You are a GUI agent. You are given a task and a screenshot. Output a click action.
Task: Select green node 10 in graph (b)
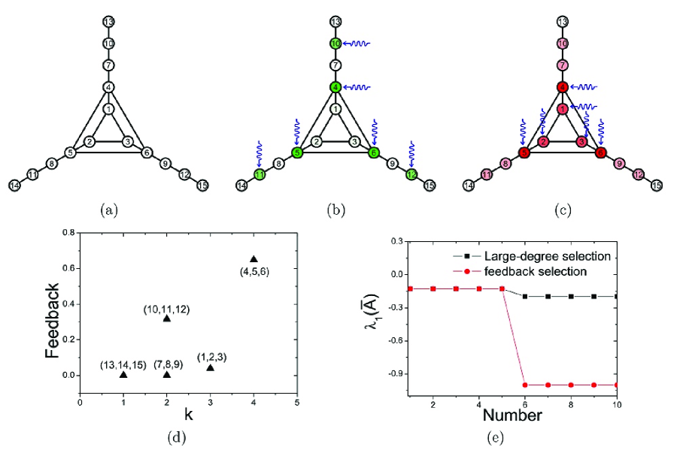coord(335,44)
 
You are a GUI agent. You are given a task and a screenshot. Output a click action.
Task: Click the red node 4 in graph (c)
coord(562,87)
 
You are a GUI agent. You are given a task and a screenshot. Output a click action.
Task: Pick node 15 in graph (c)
coord(657,185)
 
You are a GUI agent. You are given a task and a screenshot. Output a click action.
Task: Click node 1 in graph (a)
coord(109,110)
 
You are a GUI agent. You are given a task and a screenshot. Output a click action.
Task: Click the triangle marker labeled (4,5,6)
coord(253,259)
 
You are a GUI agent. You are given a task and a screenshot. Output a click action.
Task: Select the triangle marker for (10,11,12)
coord(167,319)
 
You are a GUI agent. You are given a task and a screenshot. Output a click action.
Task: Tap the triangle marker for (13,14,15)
coord(123,374)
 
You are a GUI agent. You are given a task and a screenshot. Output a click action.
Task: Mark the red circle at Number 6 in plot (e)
coord(524,385)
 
